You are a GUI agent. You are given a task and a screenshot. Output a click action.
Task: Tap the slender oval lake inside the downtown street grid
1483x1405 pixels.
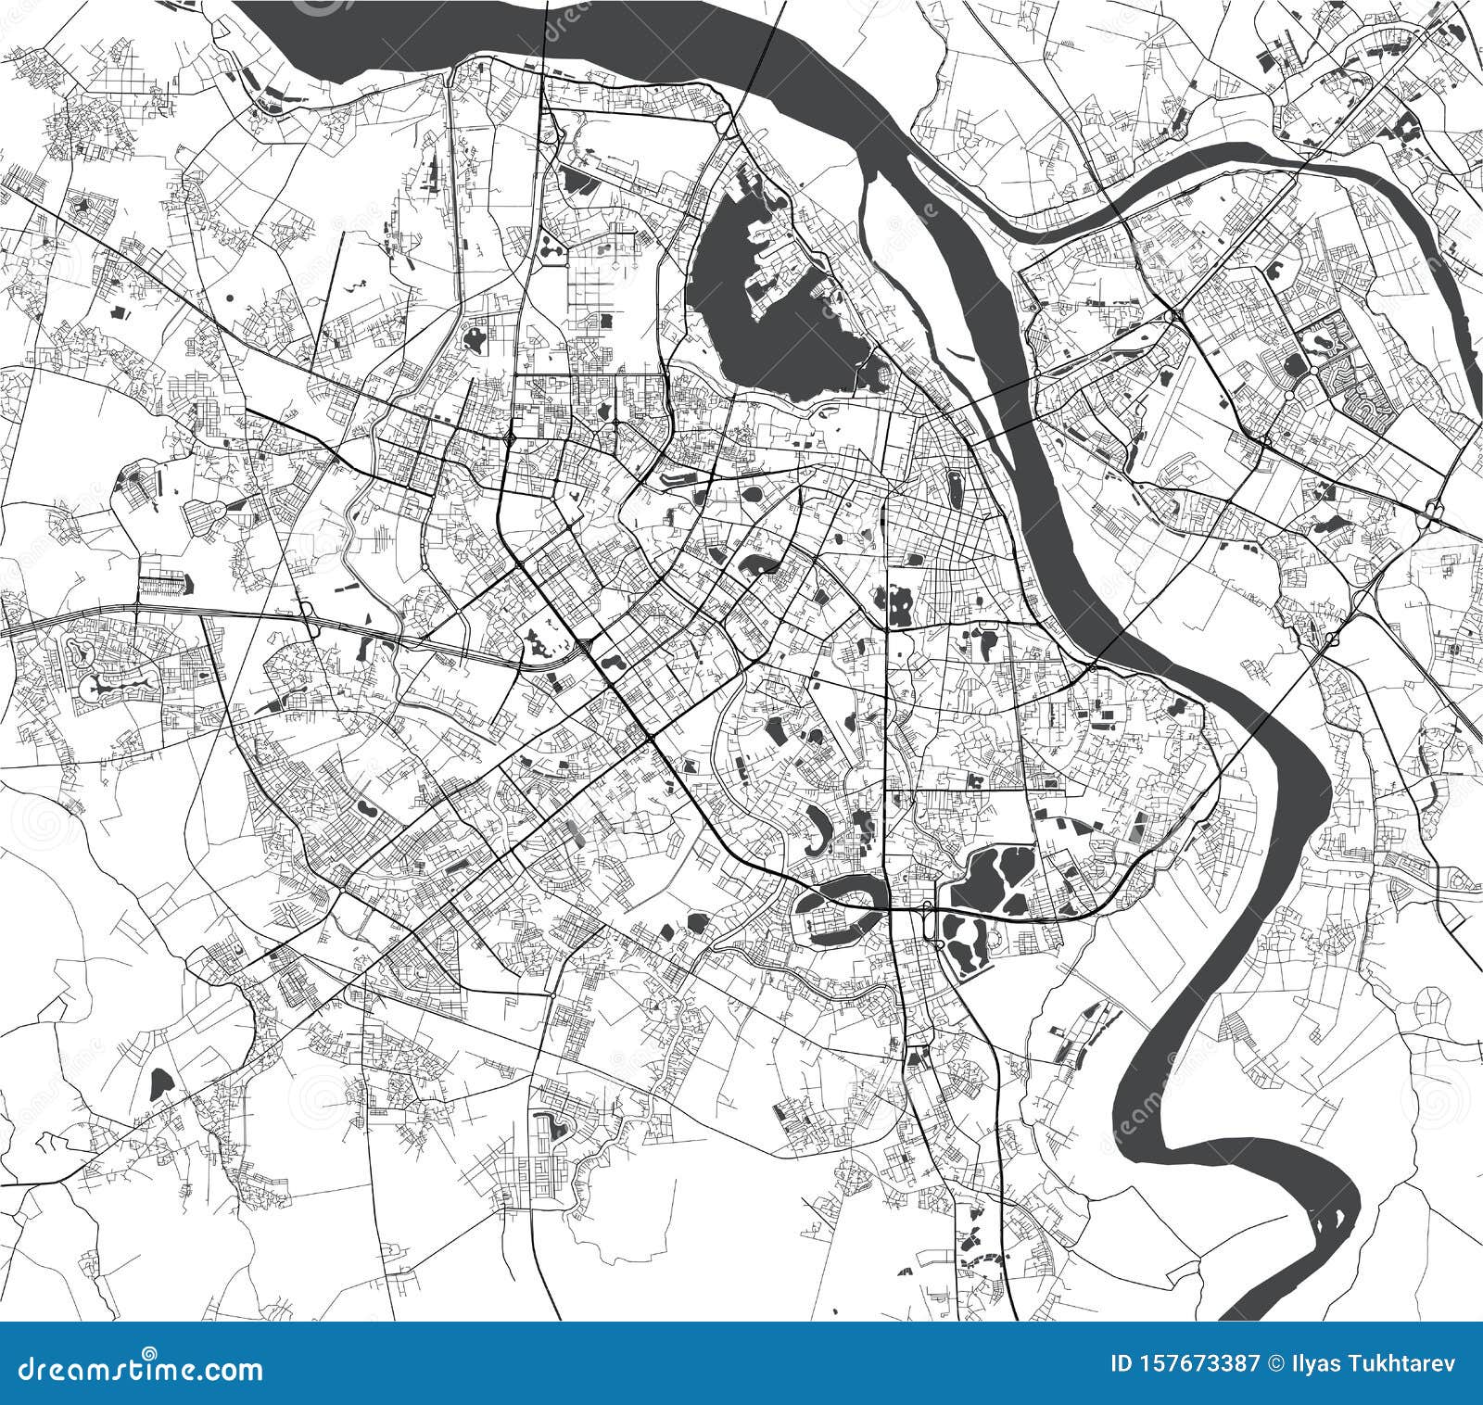(x=955, y=488)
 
